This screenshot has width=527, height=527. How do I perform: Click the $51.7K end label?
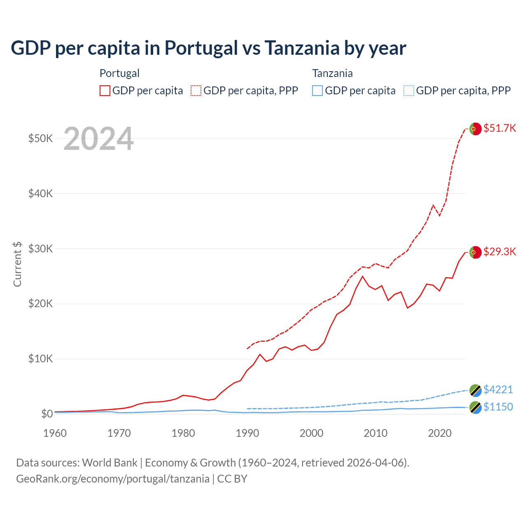pos(499,128)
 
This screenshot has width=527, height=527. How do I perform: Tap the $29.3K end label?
pos(499,252)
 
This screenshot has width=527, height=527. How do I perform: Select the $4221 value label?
pos(498,389)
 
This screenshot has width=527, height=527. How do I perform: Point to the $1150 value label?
pos(498,407)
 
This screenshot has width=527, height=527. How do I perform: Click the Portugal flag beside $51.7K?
pos(475,129)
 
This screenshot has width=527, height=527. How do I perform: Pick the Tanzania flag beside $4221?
pos(475,390)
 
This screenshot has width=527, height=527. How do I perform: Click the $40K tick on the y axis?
pos(40,194)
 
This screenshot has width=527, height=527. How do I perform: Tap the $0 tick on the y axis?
pos(47,414)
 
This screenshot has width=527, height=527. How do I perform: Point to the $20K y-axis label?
pos(40,304)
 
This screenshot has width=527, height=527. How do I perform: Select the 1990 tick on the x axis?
pos(247,433)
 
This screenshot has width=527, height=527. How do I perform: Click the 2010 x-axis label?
pos(375,433)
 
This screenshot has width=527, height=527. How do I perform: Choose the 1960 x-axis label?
pos(55,433)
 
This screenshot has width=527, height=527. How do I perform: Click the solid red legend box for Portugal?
pos(105,91)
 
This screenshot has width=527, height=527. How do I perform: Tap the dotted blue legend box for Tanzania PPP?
pos(408,91)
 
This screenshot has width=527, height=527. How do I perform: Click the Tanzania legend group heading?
pos(332,73)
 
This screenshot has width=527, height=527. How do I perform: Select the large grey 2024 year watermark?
pos(98,139)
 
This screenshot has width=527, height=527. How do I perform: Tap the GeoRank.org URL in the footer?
pos(113,479)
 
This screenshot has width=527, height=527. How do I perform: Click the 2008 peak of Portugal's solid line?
pos(362,276)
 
